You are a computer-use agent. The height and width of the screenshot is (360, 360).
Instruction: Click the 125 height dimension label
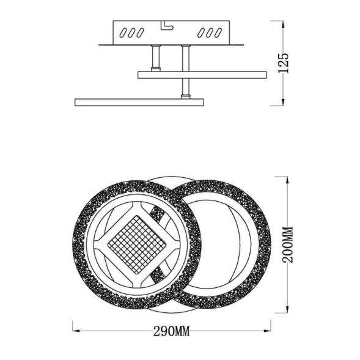pos(282,63)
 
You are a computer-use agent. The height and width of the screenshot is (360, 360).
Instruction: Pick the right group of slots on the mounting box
pos(210,31)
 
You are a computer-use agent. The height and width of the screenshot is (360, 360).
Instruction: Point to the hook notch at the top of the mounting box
pos(166,24)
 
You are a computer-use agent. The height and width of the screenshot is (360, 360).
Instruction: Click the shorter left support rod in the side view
pos(156,59)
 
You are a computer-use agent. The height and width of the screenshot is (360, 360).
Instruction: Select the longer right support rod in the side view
pos(183,70)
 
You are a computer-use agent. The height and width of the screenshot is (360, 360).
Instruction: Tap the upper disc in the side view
pos(202,75)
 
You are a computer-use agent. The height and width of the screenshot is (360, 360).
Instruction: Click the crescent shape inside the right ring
pos(235,244)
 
